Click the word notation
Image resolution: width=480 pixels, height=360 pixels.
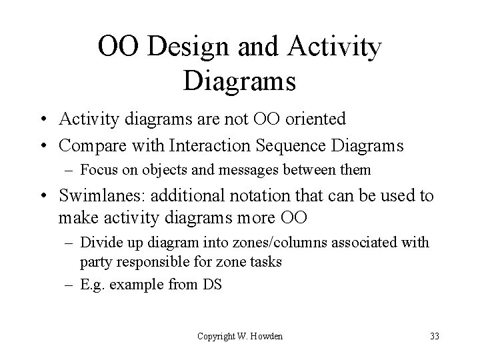click(x=252, y=197)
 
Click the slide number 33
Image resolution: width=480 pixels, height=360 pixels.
click(x=435, y=336)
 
